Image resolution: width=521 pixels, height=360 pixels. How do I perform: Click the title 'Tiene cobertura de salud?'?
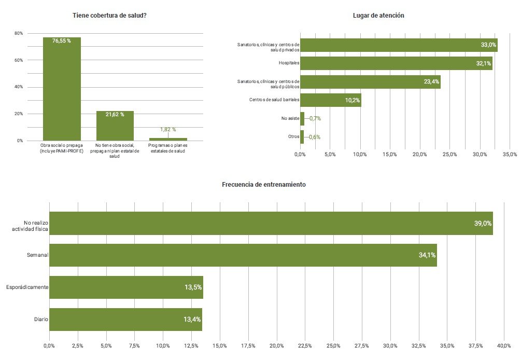(x=109, y=15)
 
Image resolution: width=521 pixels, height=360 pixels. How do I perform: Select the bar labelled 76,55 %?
(x=62, y=88)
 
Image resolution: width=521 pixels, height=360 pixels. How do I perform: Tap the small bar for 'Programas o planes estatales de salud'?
(x=168, y=139)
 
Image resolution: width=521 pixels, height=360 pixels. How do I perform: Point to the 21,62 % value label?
(x=115, y=115)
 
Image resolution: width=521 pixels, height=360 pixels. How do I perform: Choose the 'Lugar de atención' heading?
(x=378, y=16)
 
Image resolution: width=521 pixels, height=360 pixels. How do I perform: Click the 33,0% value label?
(x=488, y=45)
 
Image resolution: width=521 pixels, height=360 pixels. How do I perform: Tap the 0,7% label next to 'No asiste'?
(x=315, y=119)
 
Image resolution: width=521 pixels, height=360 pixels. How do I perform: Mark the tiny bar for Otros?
(x=302, y=137)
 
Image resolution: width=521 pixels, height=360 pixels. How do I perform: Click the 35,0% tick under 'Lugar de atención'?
(x=510, y=155)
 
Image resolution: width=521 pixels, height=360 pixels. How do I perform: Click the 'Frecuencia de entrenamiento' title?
(x=264, y=185)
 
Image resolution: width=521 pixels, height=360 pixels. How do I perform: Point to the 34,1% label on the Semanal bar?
(x=427, y=255)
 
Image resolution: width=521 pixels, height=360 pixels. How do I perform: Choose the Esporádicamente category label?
(x=27, y=287)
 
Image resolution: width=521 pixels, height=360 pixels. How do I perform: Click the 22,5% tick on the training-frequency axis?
(x=305, y=346)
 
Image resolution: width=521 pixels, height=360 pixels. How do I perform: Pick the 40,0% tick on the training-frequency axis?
(x=504, y=346)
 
